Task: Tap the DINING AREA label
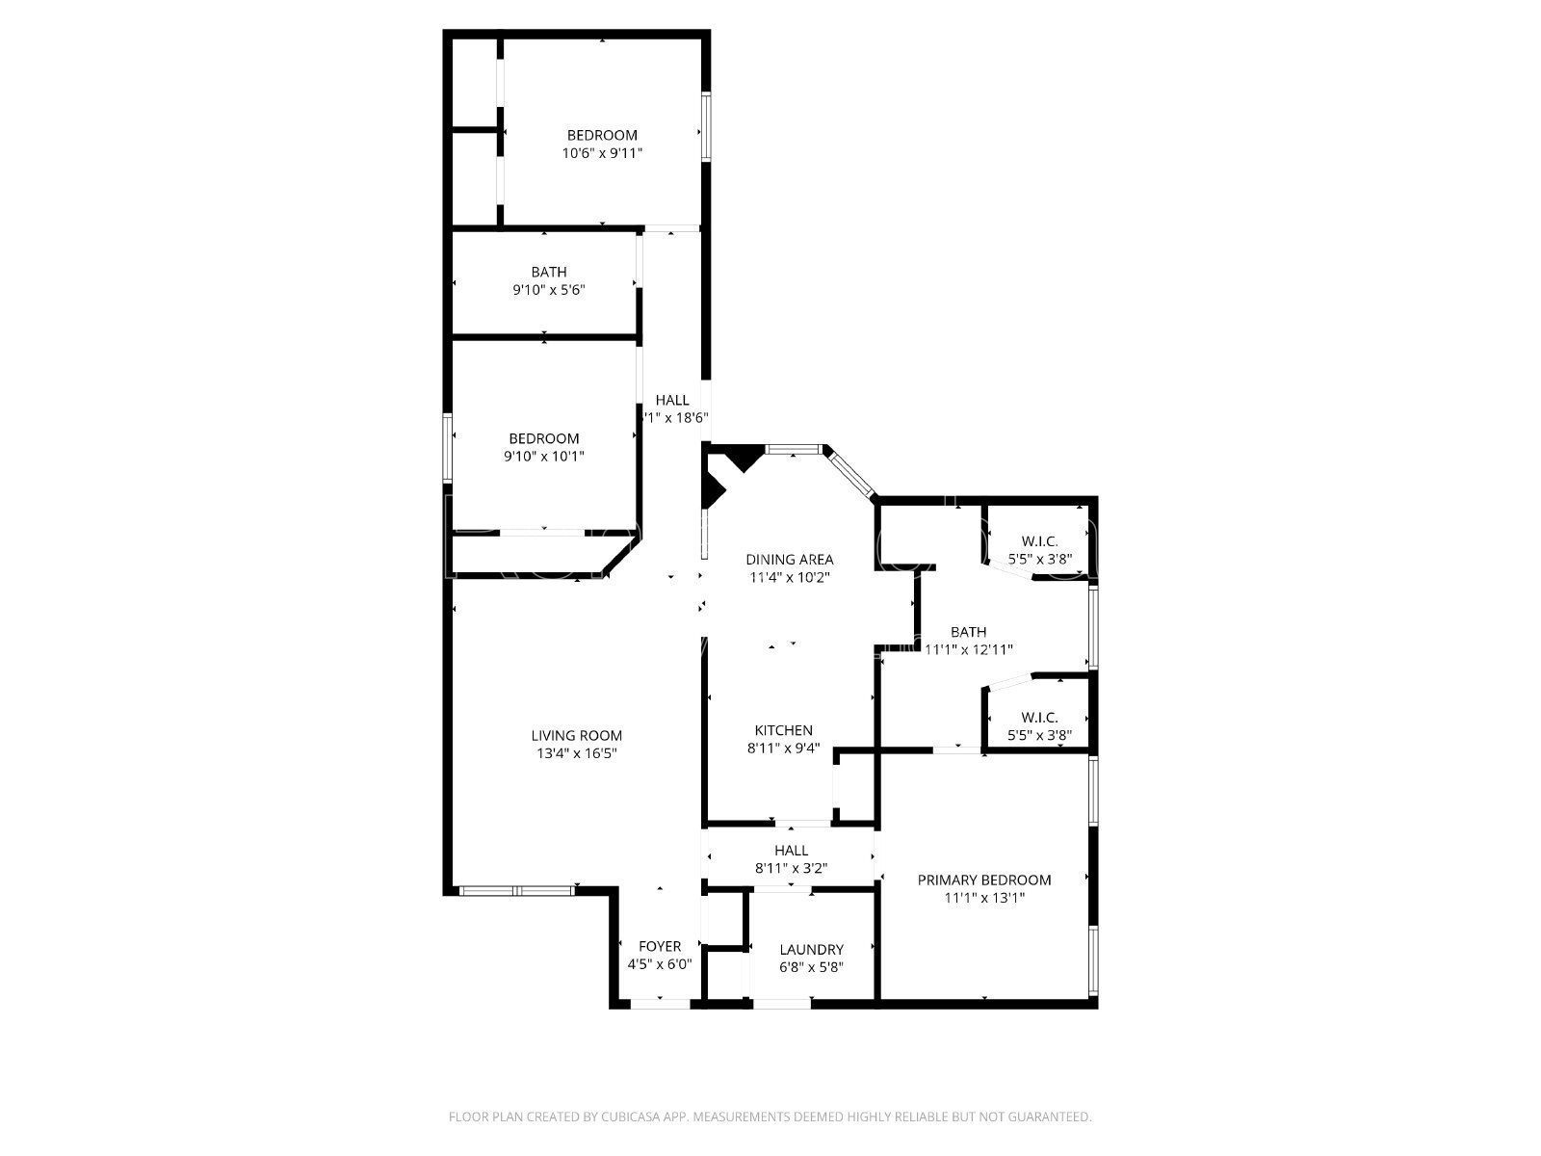point(790,559)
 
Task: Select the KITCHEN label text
point(783,730)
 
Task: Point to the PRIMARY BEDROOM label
point(983,880)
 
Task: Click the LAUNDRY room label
point(811,949)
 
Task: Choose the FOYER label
point(660,946)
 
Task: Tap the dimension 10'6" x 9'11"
point(602,153)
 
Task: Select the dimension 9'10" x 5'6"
point(549,290)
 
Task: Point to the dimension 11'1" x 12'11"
point(968,649)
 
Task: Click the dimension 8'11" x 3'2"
point(791,868)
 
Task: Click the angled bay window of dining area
point(849,473)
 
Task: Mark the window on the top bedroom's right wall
point(705,125)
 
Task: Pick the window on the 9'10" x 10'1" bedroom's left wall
point(448,447)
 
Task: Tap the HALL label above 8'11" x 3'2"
point(791,851)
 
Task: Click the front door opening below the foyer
point(660,1004)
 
